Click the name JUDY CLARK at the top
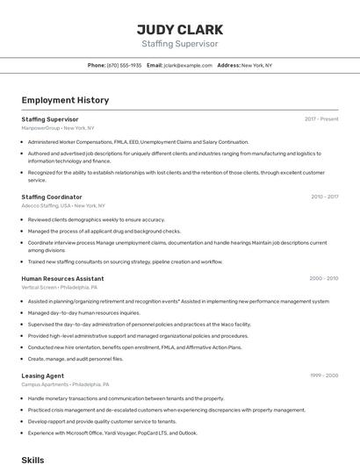pyautogui.click(x=180, y=29)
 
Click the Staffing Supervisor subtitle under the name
pyautogui.click(x=180, y=44)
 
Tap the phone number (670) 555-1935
pyautogui.click(x=124, y=65)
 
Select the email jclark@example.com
pyautogui.click(x=188, y=65)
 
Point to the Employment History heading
pyautogui.click(x=65, y=100)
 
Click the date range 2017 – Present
pyautogui.click(x=321, y=118)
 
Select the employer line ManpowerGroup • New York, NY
pyautogui.click(x=58, y=128)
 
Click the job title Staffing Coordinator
pyautogui.click(x=52, y=197)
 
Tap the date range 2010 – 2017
pyautogui.click(x=324, y=197)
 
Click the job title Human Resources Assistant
pyautogui.click(x=62, y=278)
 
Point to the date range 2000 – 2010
pyautogui.click(x=323, y=278)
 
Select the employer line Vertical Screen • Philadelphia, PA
pyautogui.click(x=60, y=287)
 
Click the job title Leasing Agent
pyautogui.click(x=43, y=376)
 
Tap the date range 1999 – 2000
pyautogui.click(x=324, y=376)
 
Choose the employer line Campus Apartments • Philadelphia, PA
pyautogui.click(x=66, y=384)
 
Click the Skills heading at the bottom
pyautogui.click(x=32, y=459)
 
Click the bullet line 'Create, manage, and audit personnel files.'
pyautogui.click(x=76, y=358)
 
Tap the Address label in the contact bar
pyautogui.click(x=228, y=65)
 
